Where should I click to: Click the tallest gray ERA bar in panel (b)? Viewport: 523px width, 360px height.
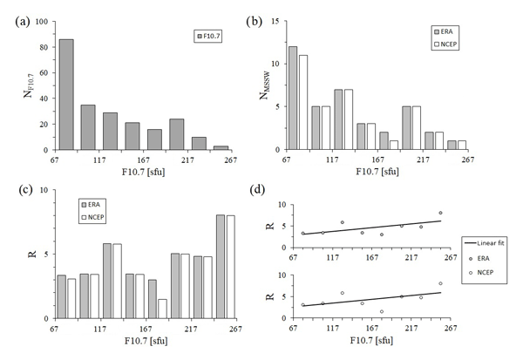(x=293, y=98)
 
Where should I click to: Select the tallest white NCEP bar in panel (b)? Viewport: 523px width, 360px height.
(x=303, y=102)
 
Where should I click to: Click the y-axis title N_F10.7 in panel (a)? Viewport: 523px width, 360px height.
(x=26, y=86)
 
